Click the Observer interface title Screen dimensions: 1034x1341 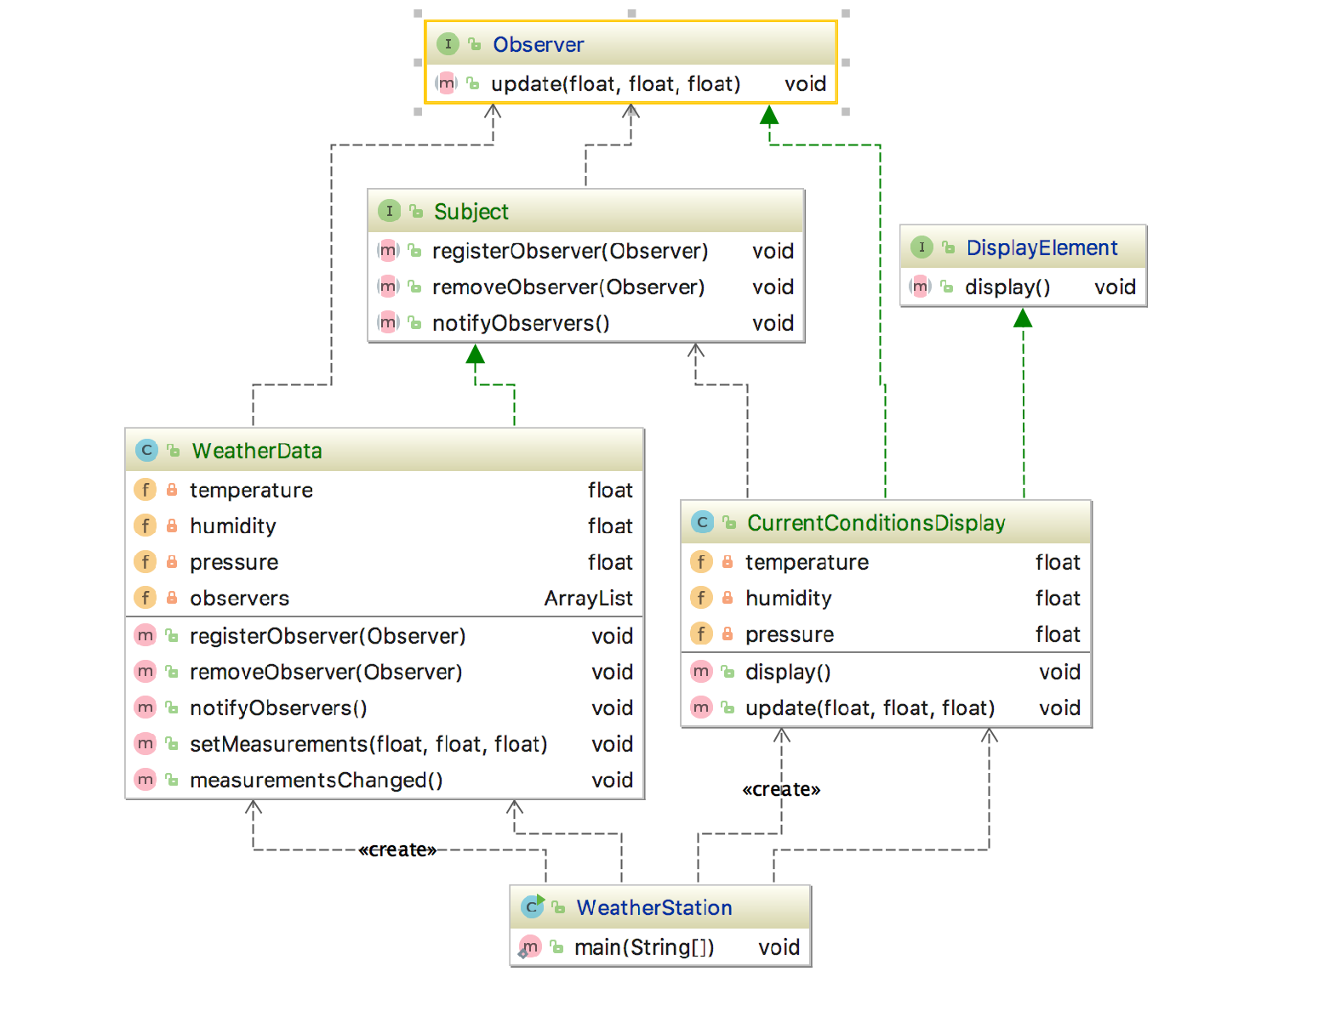click(538, 44)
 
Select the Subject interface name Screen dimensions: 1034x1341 click(471, 212)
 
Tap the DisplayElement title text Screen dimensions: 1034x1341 click(1041, 247)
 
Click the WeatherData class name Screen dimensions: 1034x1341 click(257, 451)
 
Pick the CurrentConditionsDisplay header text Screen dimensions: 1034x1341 click(876, 523)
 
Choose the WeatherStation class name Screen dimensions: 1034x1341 click(653, 907)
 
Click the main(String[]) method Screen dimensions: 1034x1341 click(643, 947)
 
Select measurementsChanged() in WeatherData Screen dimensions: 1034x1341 click(316, 780)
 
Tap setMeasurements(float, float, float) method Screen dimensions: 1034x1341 click(368, 744)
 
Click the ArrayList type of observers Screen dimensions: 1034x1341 click(588, 599)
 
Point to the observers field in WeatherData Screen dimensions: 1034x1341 click(239, 599)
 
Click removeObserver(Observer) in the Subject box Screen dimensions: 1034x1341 click(568, 287)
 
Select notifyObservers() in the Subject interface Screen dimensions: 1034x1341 click(520, 323)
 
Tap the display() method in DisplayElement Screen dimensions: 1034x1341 click(1007, 287)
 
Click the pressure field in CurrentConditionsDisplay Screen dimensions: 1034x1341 click(789, 634)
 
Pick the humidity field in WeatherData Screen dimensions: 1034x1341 click(232, 526)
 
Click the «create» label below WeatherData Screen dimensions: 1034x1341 click(397, 849)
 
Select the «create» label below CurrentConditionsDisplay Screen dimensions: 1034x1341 click(781, 789)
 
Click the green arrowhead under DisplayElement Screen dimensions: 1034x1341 click(1023, 318)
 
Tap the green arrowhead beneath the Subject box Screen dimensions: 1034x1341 click(476, 354)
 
